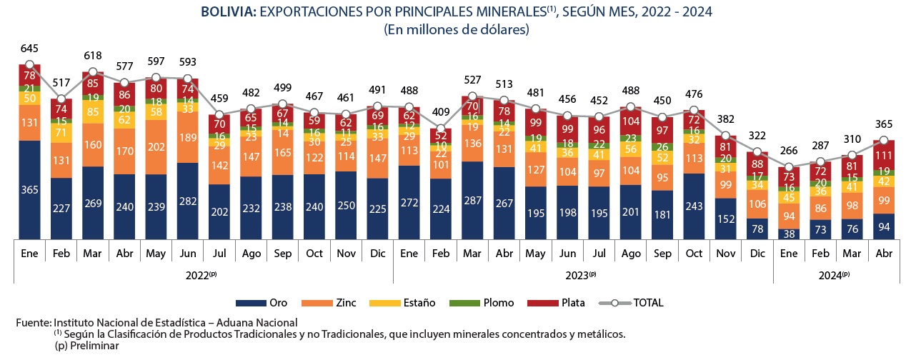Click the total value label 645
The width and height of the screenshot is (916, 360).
click(x=29, y=48)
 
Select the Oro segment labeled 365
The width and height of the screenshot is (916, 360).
click(x=29, y=189)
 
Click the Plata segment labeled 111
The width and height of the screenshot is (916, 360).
click(x=885, y=156)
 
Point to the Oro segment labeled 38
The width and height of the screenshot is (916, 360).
click(x=790, y=233)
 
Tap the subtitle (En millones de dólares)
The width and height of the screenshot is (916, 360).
click(x=457, y=30)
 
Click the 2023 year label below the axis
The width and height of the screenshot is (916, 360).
click(x=582, y=274)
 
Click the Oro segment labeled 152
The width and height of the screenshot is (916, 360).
click(x=726, y=219)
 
